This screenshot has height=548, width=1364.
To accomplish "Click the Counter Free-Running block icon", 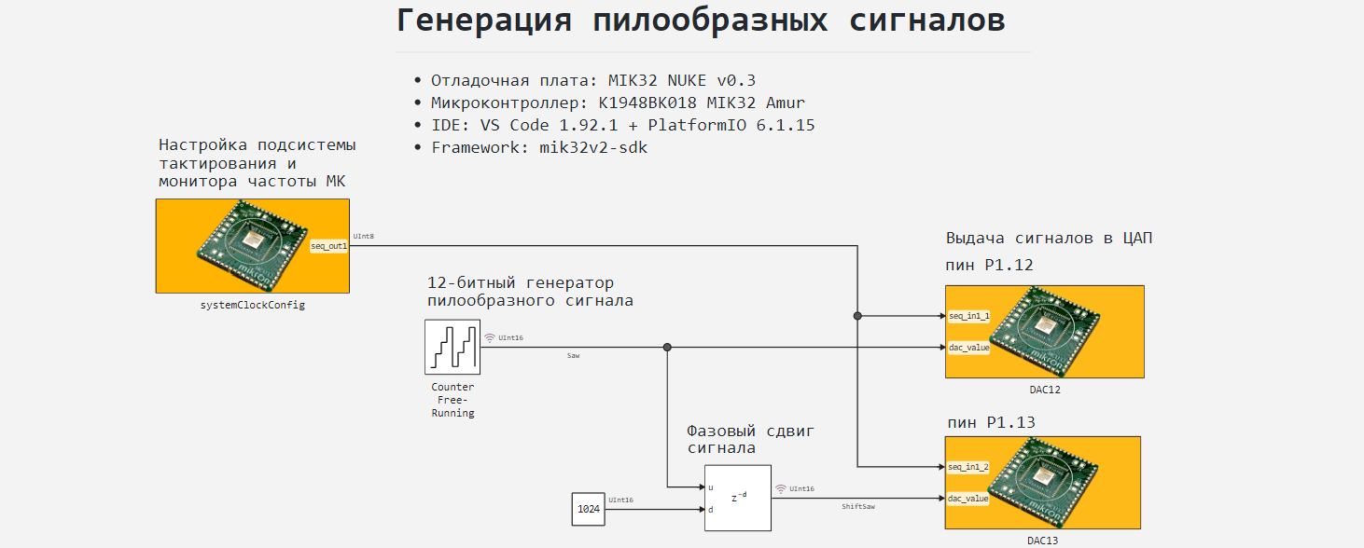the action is tap(452, 347).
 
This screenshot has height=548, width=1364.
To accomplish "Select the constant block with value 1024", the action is tap(588, 510).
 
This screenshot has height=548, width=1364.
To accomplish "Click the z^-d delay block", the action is tap(737, 497).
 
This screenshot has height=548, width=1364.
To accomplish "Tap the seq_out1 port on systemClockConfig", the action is tap(329, 246).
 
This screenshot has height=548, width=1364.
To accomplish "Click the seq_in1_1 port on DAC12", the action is tap(968, 316).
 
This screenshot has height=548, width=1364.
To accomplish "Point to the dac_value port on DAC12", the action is tap(968, 348).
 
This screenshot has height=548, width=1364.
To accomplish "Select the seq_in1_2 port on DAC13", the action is tap(968, 467).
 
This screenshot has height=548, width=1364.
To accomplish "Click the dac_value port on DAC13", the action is tap(968, 499).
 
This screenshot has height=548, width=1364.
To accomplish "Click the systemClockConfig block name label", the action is tap(252, 305).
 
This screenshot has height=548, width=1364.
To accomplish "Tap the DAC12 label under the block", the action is tap(1044, 390).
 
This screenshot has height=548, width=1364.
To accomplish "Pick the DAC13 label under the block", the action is tap(1044, 541).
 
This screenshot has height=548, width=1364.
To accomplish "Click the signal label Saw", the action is tap(573, 356).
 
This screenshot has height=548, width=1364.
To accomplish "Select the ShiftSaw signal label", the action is tap(858, 507).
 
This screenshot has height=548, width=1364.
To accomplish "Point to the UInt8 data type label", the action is tap(364, 237).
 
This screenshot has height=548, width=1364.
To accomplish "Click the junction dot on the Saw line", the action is tap(667, 348).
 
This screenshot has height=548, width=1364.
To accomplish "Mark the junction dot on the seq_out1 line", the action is tap(857, 316).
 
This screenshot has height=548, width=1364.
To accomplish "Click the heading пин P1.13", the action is tap(991, 422).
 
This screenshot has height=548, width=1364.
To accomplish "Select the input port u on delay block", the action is tap(711, 487).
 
